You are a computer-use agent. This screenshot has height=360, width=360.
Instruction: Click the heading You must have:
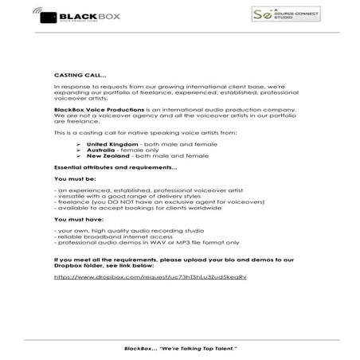[76, 219]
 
